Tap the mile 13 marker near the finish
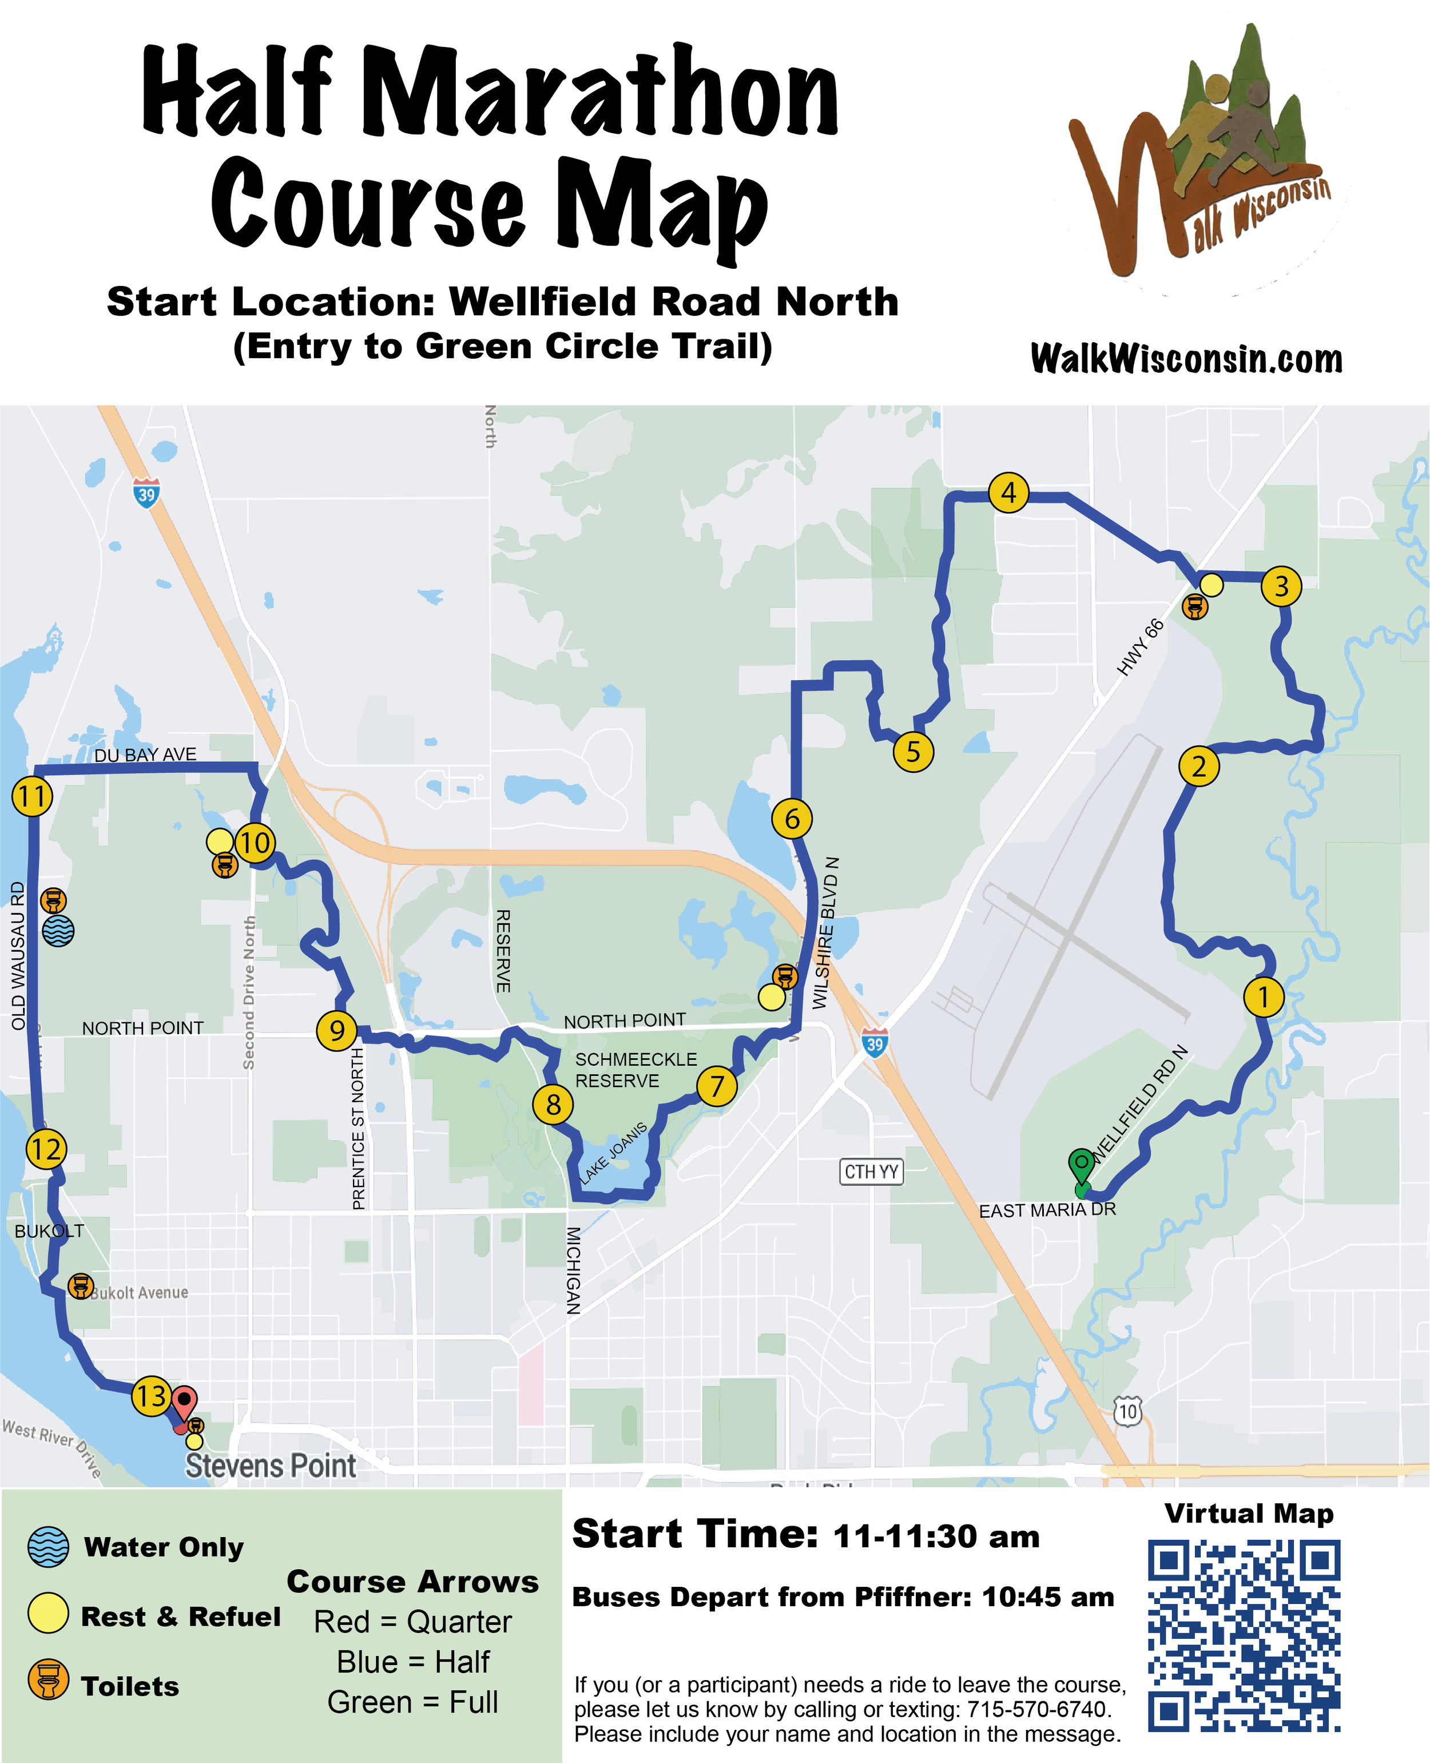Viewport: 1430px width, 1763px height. pyautogui.click(x=152, y=1396)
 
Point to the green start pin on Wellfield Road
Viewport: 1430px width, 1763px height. pyautogui.click(x=1081, y=1164)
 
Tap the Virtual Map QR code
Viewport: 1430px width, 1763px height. pyautogui.click(x=1244, y=1635)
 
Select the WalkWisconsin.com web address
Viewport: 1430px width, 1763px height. pyautogui.click(x=1186, y=359)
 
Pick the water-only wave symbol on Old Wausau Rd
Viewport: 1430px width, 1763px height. pyautogui.click(x=58, y=931)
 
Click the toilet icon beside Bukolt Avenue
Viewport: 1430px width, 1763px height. pyautogui.click(x=80, y=1286)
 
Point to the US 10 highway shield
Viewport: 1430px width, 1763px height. pyautogui.click(x=1127, y=1412)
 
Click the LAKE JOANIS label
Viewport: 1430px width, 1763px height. pyautogui.click(x=614, y=1153)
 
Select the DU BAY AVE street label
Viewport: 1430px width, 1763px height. pyautogui.click(x=145, y=755)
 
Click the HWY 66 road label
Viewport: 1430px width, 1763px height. pyautogui.click(x=1141, y=647)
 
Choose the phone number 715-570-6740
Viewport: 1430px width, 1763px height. pyautogui.click(x=1039, y=1709)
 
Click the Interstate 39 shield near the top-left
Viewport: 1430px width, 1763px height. pyautogui.click(x=146, y=494)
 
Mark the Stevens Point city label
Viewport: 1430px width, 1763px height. pyautogui.click(x=270, y=1467)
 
